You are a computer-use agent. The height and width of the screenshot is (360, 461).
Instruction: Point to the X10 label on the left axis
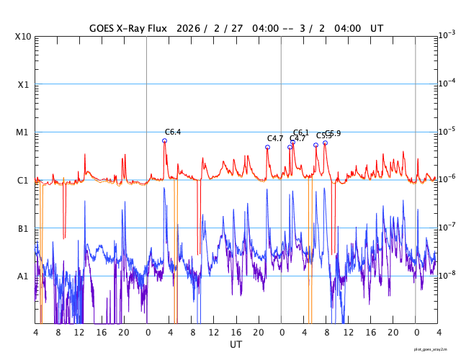tap(23, 37)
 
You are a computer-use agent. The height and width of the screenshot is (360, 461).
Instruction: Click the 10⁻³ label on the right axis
tap(446, 35)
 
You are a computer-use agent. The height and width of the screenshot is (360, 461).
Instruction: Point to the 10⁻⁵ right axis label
tap(446, 131)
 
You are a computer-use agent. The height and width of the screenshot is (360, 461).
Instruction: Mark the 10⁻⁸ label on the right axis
tap(446, 274)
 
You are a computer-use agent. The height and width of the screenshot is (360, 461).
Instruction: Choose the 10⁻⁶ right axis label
tap(446, 179)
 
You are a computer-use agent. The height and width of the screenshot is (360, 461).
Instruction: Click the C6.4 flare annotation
tap(173, 132)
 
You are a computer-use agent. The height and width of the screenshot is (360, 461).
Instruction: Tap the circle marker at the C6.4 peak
tap(164, 140)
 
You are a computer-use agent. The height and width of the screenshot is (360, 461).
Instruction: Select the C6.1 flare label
tap(301, 132)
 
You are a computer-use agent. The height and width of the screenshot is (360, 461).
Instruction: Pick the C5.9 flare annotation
tap(333, 133)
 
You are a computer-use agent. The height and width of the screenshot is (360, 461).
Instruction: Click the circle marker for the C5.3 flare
tap(315, 145)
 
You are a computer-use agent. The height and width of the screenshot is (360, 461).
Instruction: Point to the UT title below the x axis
tap(236, 345)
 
